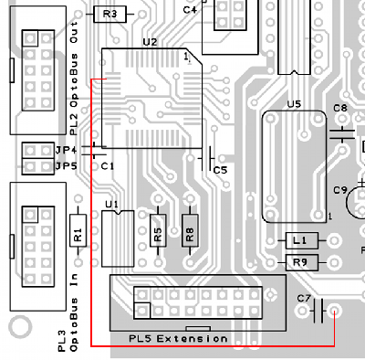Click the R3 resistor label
click(x=110, y=14)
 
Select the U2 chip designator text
click(x=150, y=42)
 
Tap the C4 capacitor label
click(x=190, y=10)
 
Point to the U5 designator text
click(x=293, y=104)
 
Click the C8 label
click(x=339, y=108)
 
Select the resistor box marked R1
click(x=78, y=232)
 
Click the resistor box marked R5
click(x=157, y=235)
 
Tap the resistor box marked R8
click(x=189, y=235)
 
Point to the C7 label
click(x=305, y=299)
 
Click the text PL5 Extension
click(x=179, y=339)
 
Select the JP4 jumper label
click(x=65, y=149)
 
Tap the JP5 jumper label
click(x=65, y=165)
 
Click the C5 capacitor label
click(x=220, y=170)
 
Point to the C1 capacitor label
click(x=107, y=166)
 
